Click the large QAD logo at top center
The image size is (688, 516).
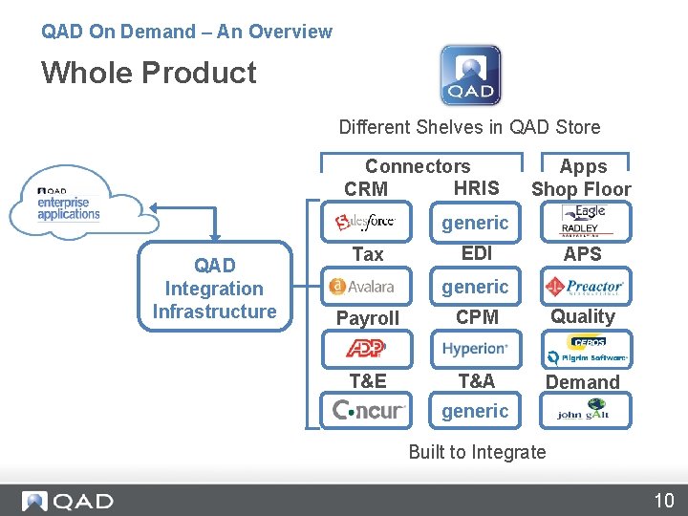tap(470, 75)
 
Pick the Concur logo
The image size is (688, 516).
tap(369, 411)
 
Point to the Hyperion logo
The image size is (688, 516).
tap(475, 349)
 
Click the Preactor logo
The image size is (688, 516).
tap(583, 286)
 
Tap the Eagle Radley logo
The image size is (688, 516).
tap(582, 222)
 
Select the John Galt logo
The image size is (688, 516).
tap(583, 411)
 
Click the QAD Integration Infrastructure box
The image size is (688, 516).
tap(214, 289)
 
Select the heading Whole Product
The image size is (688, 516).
tap(149, 73)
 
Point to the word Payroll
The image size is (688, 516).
tap(368, 318)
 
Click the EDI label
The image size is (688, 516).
tap(476, 253)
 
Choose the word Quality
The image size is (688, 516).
tap(583, 316)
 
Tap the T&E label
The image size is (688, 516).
tap(368, 381)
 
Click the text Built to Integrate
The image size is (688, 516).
tap(477, 452)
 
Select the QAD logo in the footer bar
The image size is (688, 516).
tap(68, 501)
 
